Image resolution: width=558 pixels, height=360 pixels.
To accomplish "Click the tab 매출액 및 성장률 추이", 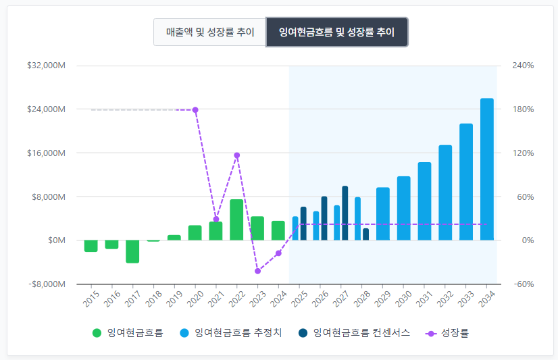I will click(x=210, y=32).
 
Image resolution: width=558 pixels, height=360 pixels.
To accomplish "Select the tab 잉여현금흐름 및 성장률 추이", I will click(x=336, y=32).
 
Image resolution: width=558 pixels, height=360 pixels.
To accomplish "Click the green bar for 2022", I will click(x=236, y=220).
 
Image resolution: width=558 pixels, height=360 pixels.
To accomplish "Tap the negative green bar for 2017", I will click(x=132, y=251).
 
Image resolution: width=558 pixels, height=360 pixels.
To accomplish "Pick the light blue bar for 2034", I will click(x=487, y=169).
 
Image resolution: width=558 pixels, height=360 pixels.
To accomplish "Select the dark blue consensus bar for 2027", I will click(x=345, y=213).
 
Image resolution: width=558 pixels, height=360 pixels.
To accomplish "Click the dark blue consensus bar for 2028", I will click(x=366, y=234).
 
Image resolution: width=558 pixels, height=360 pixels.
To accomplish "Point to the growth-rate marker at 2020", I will click(x=195, y=109).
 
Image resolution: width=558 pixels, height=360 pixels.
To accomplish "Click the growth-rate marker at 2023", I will click(x=257, y=271).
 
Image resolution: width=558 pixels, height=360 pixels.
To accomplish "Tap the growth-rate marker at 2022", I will click(x=237, y=155).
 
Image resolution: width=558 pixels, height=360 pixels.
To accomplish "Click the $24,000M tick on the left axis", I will click(x=46, y=109).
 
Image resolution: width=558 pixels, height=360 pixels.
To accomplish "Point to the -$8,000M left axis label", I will click(x=47, y=284).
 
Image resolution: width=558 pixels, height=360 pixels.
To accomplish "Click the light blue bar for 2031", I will click(x=424, y=201).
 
